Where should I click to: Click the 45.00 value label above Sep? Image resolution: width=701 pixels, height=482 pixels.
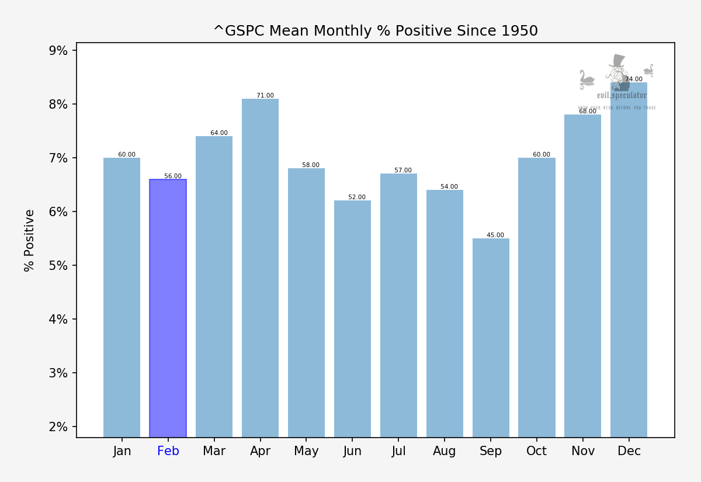(x=495, y=235)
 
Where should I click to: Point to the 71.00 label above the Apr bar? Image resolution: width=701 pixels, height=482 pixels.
(x=265, y=96)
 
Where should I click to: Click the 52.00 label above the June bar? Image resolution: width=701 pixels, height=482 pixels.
(x=357, y=197)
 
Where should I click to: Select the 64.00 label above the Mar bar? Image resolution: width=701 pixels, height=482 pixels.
(x=219, y=133)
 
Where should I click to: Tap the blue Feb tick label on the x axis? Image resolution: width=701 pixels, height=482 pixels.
(x=168, y=451)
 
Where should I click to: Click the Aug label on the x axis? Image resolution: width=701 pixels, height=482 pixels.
(x=445, y=451)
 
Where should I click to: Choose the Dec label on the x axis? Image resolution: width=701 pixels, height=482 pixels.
(x=629, y=451)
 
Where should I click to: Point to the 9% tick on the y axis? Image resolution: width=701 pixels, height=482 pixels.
(x=58, y=51)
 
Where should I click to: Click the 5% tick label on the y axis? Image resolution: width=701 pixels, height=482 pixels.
(x=58, y=266)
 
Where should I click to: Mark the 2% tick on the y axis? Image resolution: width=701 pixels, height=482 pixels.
(x=58, y=427)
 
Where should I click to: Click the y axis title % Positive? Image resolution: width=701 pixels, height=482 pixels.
(x=30, y=240)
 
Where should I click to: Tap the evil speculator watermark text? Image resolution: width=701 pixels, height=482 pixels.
(x=622, y=95)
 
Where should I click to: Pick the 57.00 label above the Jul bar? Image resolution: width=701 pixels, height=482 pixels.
(x=403, y=171)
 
